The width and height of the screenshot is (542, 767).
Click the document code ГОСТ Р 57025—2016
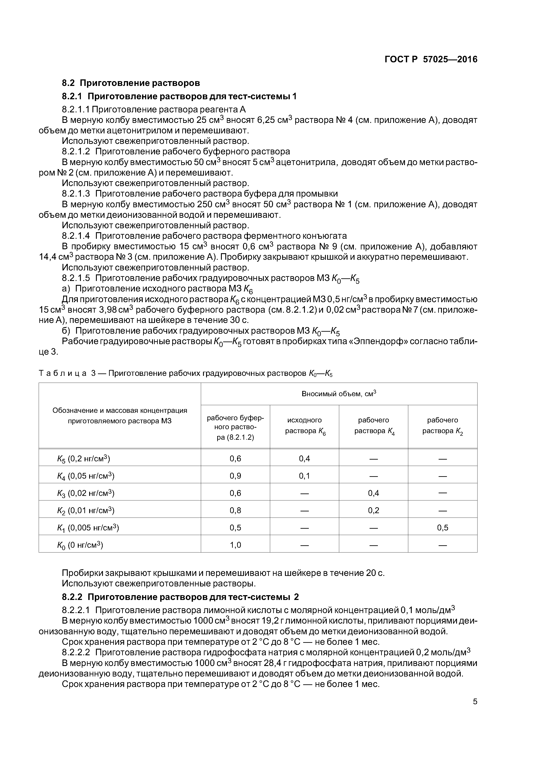(431, 59)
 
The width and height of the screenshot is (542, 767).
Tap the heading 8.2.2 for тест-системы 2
(180, 597)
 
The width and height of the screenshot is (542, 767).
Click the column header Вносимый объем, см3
(339, 394)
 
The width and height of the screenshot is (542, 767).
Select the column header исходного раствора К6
(305, 426)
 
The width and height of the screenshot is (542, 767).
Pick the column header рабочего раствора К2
(443, 426)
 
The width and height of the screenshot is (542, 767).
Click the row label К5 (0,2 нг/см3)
(83, 458)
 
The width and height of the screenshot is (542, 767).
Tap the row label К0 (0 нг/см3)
(80, 545)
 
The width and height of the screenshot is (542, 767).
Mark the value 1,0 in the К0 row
(235, 545)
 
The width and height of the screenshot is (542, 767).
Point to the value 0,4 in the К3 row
(373, 493)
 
